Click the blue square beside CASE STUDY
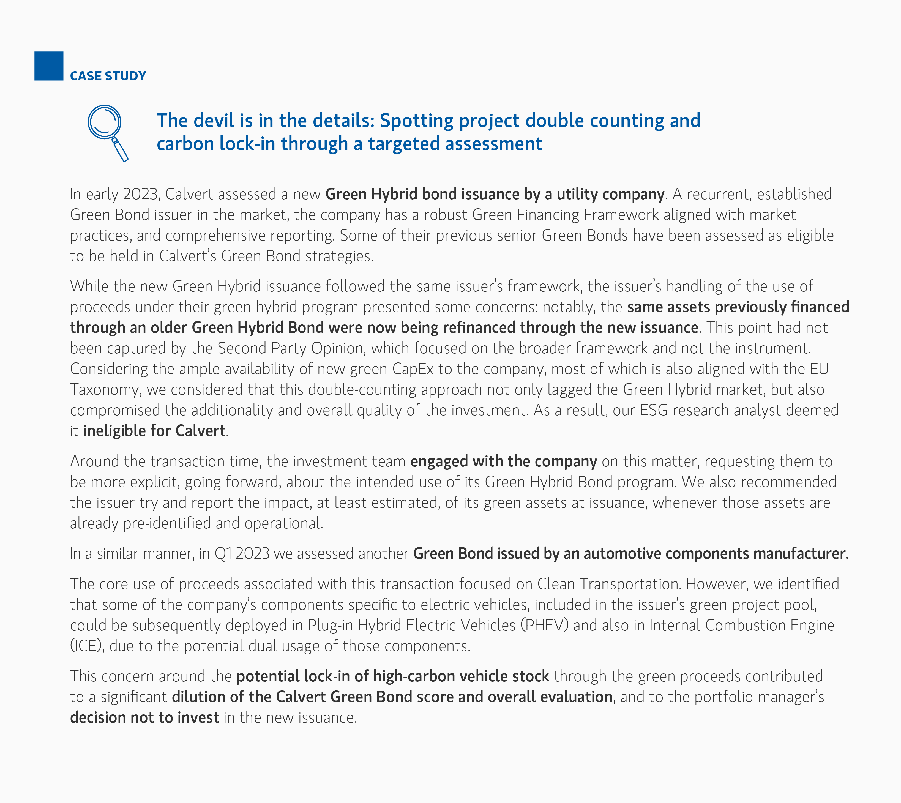pos(48,66)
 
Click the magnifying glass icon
pos(106,130)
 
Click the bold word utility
pos(576,194)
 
